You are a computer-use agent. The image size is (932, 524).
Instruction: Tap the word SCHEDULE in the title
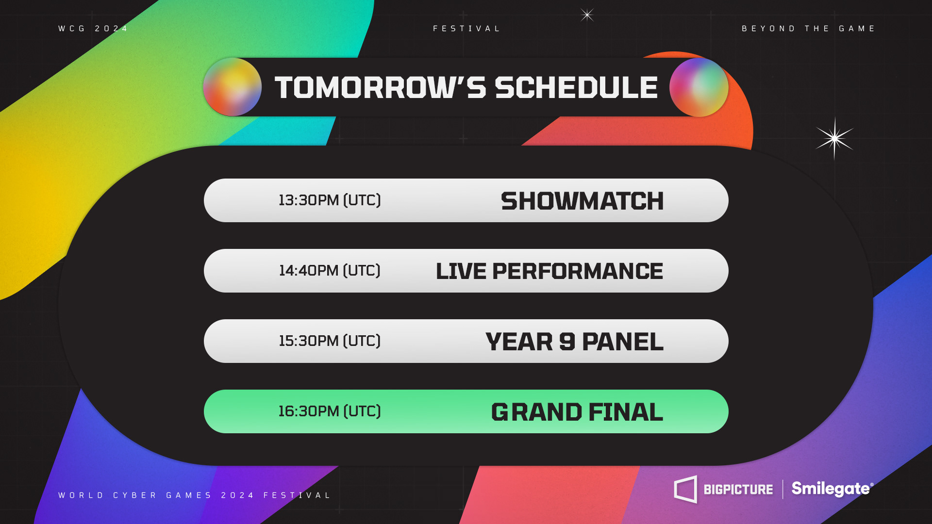coord(576,88)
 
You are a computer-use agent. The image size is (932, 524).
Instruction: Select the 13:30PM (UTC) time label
coord(330,200)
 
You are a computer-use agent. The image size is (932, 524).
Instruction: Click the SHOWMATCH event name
coord(582,201)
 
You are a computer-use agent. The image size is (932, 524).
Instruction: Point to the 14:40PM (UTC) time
coord(330,270)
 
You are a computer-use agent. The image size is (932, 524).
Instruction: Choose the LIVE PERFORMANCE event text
coord(549,271)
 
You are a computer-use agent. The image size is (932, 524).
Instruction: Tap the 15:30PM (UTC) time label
coord(330,341)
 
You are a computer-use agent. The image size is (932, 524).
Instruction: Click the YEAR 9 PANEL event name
coord(574,342)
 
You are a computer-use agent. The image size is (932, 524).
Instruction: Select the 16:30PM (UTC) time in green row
coord(330,411)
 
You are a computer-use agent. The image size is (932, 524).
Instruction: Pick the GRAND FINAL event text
coord(577,412)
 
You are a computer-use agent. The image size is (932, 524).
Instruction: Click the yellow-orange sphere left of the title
coord(233,87)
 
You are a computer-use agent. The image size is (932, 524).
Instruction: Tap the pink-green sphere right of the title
coord(699,87)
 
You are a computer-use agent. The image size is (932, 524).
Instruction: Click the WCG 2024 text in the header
coord(93,29)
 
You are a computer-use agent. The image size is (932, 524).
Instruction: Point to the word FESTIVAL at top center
coord(466,29)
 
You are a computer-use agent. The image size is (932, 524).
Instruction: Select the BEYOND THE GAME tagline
coord(808,29)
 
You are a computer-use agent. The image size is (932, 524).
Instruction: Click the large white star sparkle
coord(834,139)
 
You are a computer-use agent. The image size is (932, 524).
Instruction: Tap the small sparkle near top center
coord(587,15)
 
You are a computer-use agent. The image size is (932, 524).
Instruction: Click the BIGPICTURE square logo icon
coord(685,490)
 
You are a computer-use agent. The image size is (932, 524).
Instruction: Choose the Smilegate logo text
coord(832,489)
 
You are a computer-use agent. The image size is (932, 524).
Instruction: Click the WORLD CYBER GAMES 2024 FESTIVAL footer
coord(194,495)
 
